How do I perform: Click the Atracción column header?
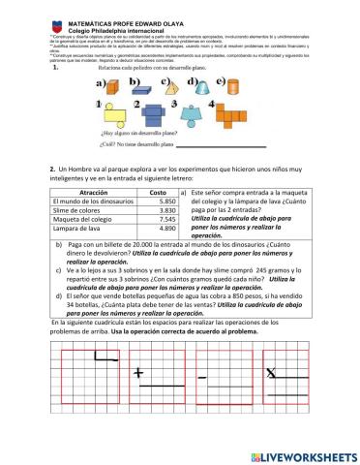point(85,193)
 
